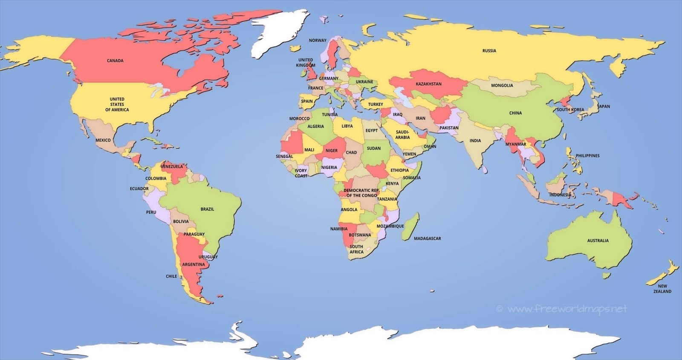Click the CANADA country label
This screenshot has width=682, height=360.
coord(115,61)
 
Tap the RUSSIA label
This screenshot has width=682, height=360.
coord(489,51)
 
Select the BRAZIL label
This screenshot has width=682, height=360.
coord(207,209)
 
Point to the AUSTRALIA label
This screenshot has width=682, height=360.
coord(598,241)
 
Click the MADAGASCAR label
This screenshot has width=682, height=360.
coord(427,238)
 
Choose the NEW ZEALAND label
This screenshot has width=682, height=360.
coord(662,289)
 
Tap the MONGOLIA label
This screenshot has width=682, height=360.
coord(502,85)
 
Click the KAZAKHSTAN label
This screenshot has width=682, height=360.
coord(428,84)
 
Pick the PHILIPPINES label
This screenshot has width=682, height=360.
coord(587,156)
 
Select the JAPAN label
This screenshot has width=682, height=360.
coord(604,106)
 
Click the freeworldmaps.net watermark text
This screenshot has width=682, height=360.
coord(567,308)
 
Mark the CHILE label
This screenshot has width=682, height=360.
coord(171,276)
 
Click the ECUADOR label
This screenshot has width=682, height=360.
coord(139,189)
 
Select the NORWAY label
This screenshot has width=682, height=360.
coord(318,41)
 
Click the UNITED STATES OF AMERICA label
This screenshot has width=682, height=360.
coord(117,105)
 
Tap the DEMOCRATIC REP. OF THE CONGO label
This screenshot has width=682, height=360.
coord(361,193)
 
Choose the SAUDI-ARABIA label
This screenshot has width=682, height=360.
coord(402,135)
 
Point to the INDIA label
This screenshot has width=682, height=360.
coord(475,140)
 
